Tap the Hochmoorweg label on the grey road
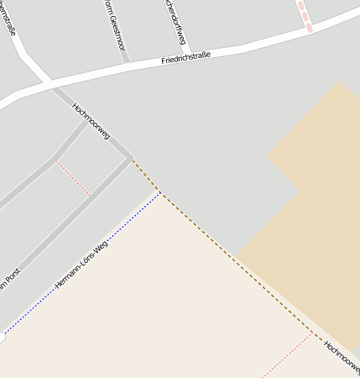tap(91, 121)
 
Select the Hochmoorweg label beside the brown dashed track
tap(341, 357)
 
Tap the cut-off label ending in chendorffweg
tap(175, 20)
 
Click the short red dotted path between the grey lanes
tap(73, 179)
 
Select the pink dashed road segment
tap(304, 15)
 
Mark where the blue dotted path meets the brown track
tap(160, 192)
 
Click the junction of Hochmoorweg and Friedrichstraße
tap(50, 83)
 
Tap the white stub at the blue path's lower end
tap(3, 339)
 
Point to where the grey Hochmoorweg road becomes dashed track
tap(133, 160)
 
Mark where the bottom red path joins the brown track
tap(312, 333)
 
